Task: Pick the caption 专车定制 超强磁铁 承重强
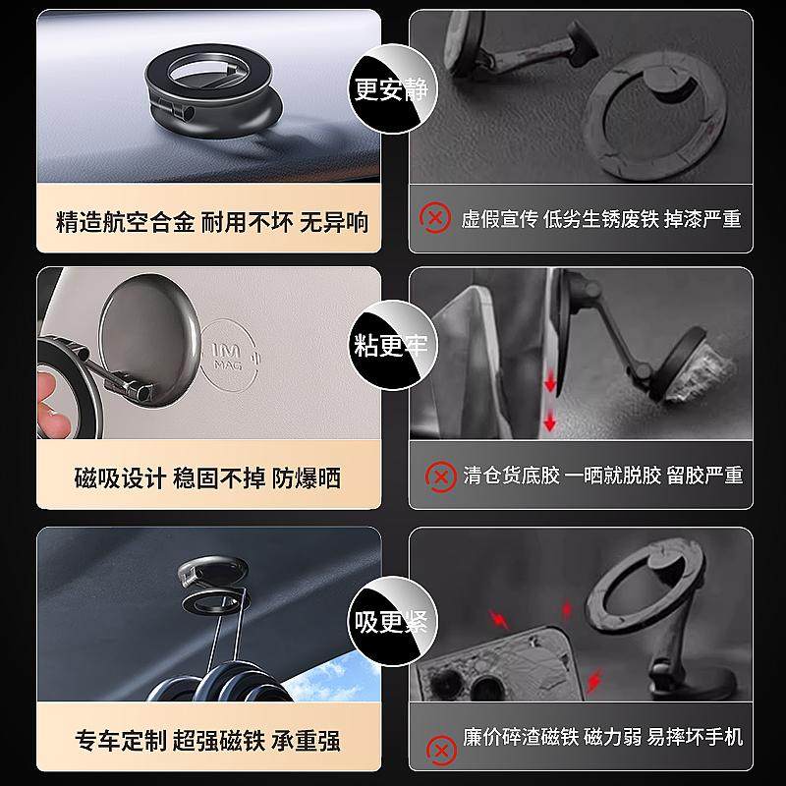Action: click(211, 738)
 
